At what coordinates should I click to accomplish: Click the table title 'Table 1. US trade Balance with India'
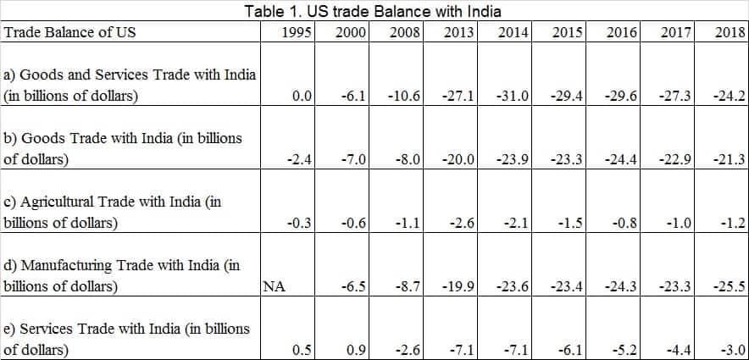point(372,11)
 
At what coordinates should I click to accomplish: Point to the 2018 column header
point(729,32)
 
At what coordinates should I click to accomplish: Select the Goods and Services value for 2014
point(513,97)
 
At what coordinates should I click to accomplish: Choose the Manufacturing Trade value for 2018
point(729,286)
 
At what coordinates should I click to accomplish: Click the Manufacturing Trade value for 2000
point(352,286)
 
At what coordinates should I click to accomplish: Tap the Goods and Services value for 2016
point(622,97)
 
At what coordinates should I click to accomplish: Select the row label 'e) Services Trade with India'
point(127,338)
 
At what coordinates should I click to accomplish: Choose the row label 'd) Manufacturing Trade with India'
point(122,275)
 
